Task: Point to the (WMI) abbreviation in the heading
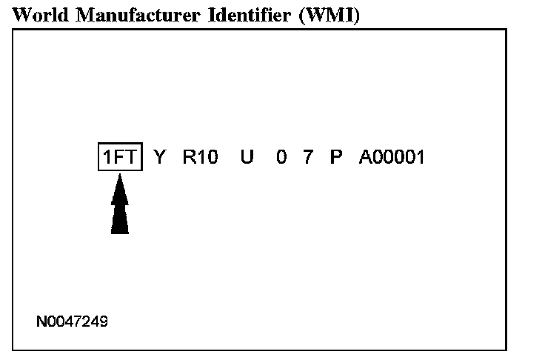(x=327, y=16)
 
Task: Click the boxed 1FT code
(x=120, y=157)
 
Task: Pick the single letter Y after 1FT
(x=159, y=157)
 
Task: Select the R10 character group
(x=200, y=157)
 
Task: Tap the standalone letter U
(x=247, y=157)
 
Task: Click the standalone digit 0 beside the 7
(x=281, y=157)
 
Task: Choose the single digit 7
(x=308, y=157)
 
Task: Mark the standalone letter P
(x=335, y=157)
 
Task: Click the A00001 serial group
(x=392, y=157)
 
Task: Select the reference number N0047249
(x=73, y=322)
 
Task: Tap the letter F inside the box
(x=120, y=157)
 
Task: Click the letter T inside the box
(x=131, y=157)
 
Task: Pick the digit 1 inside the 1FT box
(x=107, y=157)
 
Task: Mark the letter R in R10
(x=189, y=157)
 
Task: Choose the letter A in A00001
(x=365, y=157)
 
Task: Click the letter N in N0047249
(x=41, y=322)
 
